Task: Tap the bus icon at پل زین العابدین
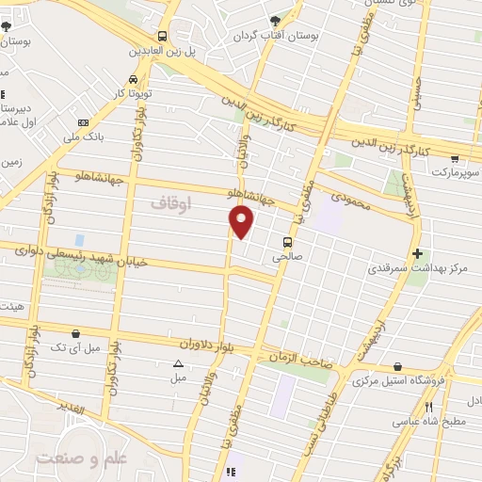point(163,36)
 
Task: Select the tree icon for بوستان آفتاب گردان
point(274,21)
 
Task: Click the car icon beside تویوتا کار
point(133,79)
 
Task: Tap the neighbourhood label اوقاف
point(170,201)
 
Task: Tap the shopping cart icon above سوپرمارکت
point(456,159)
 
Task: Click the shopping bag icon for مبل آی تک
point(75,331)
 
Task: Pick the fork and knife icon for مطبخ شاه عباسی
point(429,407)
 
